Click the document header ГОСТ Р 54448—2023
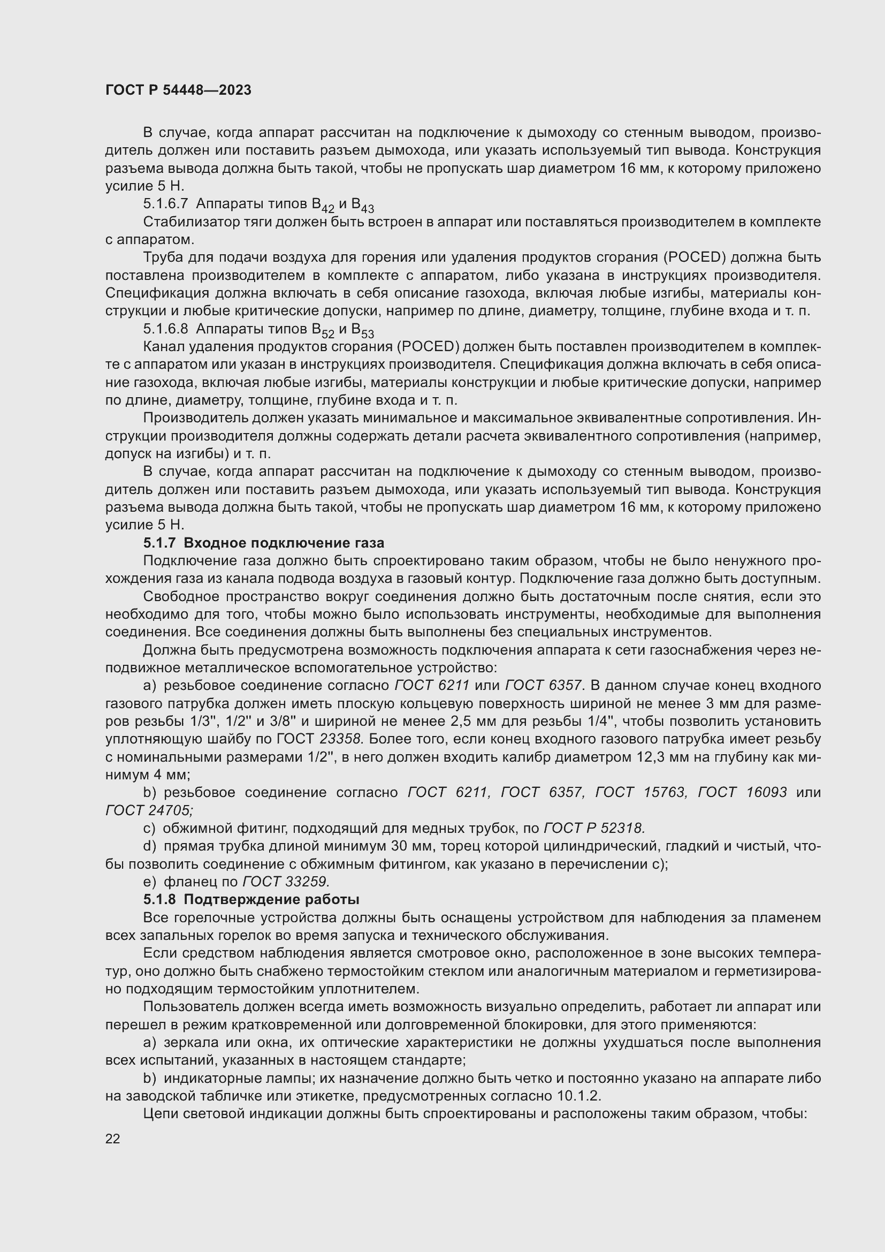pyautogui.click(x=178, y=90)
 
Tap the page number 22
pyautogui.click(x=113, y=1139)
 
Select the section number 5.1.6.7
pyautogui.click(x=166, y=204)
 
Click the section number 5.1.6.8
pyautogui.click(x=166, y=329)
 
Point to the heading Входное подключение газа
pyautogui.click(x=284, y=543)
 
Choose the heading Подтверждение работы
pyautogui.click(x=271, y=899)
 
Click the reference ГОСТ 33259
pyautogui.click(x=286, y=882)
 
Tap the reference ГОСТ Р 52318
pyautogui.click(x=594, y=828)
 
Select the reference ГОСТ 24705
pyautogui.click(x=149, y=810)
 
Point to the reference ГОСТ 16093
pyautogui.click(x=742, y=792)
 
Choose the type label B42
pyautogui.click(x=323, y=205)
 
